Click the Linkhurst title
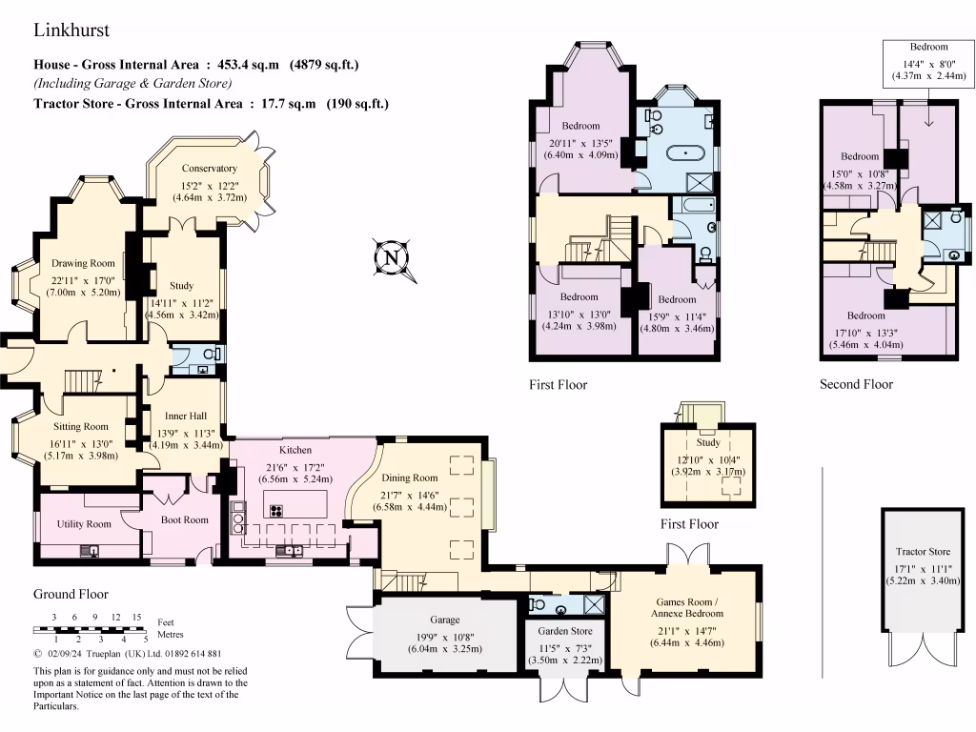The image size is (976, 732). pos(71,30)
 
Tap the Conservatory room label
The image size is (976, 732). pos(209,168)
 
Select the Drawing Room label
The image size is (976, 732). pos(83,263)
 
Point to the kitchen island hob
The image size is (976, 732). pos(276,511)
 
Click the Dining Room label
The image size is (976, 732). pos(410,478)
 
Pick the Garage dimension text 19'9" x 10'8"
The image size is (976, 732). pos(444,637)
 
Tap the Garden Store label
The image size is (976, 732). pos(565,631)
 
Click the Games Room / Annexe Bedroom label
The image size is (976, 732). pos(687,607)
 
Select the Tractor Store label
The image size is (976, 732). pos(923,552)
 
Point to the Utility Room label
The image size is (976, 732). pos(84,524)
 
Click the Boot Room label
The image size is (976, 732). pos(184,519)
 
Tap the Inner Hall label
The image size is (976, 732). pos(186,416)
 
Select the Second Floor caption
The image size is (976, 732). pos(856,384)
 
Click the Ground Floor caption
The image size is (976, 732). pos(71,594)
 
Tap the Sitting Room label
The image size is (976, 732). pos(80,426)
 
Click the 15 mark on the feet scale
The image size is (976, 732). pos(136,617)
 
